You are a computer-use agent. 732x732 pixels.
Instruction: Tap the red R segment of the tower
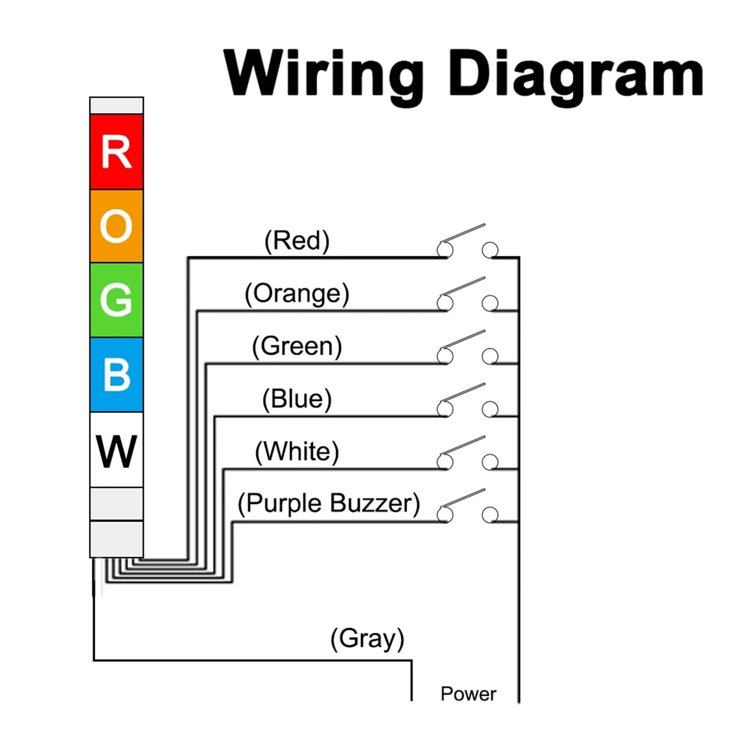117,152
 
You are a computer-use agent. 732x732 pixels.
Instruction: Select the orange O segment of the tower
117,226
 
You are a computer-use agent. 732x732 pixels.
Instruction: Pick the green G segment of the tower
117,300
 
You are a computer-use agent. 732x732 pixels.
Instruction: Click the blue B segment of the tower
117,375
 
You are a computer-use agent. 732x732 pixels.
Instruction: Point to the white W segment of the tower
117,450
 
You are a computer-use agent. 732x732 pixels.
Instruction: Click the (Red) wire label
297,241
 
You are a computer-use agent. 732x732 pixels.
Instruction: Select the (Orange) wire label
297,293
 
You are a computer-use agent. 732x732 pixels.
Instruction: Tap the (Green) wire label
297,346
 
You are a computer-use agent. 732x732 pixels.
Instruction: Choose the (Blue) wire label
297,398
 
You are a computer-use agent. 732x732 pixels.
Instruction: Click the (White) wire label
297,452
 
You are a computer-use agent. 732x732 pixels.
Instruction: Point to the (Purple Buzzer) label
328,504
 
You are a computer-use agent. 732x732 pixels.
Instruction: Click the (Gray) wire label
367,639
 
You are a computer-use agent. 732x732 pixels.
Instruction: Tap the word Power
468,694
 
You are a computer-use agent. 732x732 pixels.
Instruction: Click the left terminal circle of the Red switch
445,250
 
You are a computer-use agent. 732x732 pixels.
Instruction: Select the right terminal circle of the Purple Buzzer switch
490,515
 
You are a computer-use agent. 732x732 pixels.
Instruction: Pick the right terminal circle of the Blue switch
490,409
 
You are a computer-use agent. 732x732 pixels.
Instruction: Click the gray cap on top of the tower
117,106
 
